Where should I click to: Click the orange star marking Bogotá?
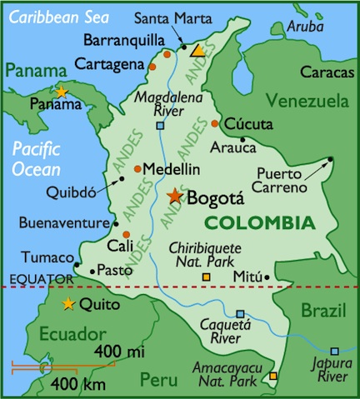175,196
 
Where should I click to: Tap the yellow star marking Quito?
67,303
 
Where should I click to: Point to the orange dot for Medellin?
137,167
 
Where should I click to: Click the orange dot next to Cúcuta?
215,123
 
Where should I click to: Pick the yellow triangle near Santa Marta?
197,51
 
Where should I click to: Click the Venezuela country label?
306,102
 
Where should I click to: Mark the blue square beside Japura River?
334,352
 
